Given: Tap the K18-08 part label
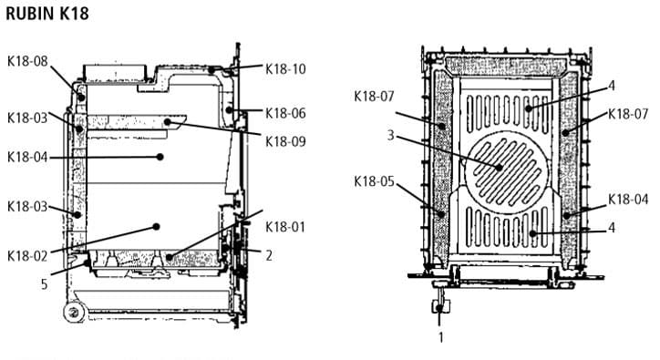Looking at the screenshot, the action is [27, 61].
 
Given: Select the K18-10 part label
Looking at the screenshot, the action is [285, 69].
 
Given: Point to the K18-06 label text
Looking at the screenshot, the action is [285, 113].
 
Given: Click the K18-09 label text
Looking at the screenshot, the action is [285, 141].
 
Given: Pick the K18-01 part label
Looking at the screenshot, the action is [285, 227].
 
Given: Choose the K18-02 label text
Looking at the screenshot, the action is [27, 256].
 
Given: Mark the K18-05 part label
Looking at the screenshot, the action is [374, 181].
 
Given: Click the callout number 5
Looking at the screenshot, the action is [44, 284].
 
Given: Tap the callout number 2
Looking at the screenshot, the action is [269, 255].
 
